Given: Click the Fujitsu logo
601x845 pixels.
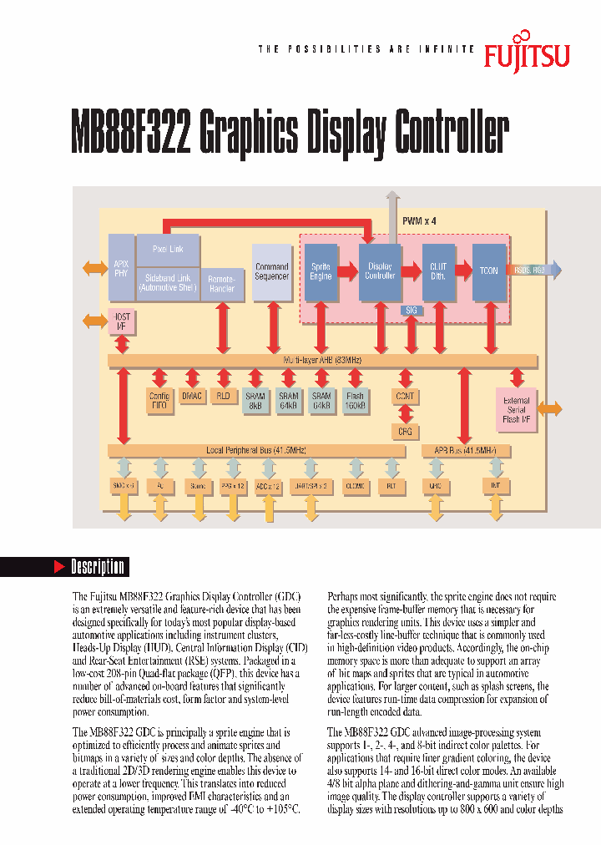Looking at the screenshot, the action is (x=527, y=54).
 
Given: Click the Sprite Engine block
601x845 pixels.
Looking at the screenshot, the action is (x=321, y=271).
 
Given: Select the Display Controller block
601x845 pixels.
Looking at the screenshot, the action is (x=380, y=271).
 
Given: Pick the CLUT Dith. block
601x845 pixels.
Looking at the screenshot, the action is (x=438, y=271).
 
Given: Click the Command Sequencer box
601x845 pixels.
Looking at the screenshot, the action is (x=271, y=271).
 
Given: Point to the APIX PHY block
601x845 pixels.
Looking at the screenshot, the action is (x=121, y=267).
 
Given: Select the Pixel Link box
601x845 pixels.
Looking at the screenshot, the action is (x=168, y=249).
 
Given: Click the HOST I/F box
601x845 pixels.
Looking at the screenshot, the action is (x=122, y=321).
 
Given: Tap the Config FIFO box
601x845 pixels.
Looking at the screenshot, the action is (x=159, y=400).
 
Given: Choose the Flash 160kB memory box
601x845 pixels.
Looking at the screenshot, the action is (x=354, y=400).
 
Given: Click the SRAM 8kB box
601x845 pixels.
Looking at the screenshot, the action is (x=255, y=400).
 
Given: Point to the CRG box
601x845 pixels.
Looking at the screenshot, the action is (x=405, y=431).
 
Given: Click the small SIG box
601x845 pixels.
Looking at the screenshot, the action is (x=411, y=310).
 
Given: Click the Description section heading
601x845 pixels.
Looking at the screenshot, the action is (x=98, y=567).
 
